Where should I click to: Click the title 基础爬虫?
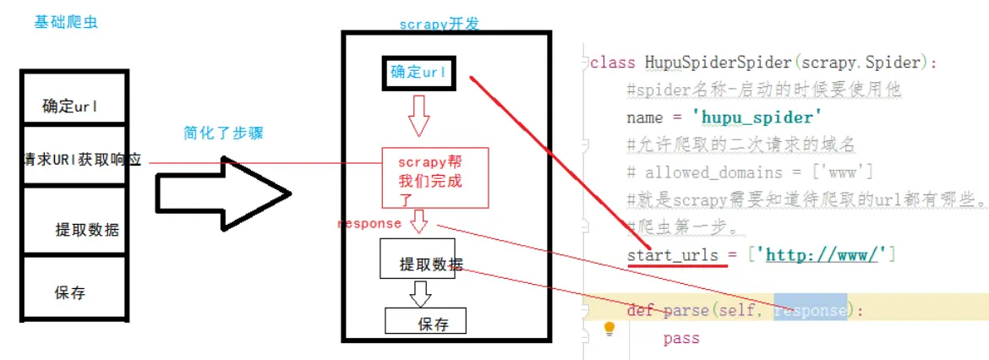click(x=65, y=22)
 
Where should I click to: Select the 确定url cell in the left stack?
click(x=71, y=106)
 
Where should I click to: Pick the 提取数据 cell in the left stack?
click(x=87, y=229)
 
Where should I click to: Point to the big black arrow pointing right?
click(x=224, y=194)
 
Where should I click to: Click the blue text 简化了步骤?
click(x=217, y=133)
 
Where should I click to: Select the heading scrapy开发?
click(x=439, y=25)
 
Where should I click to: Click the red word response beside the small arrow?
click(x=369, y=224)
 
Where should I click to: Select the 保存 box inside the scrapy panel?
click(x=426, y=321)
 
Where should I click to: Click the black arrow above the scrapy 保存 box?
click(x=420, y=292)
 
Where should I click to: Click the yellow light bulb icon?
click(x=609, y=330)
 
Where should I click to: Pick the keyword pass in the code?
click(x=681, y=338)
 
